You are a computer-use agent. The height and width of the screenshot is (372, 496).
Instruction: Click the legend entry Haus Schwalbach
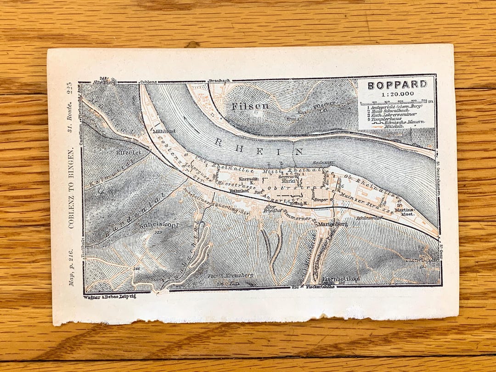click(x=386, y=111)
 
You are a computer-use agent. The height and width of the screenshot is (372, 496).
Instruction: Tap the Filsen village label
click(x=250, y=106)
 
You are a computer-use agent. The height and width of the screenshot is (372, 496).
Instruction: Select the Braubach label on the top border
click(x=219, y=81)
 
